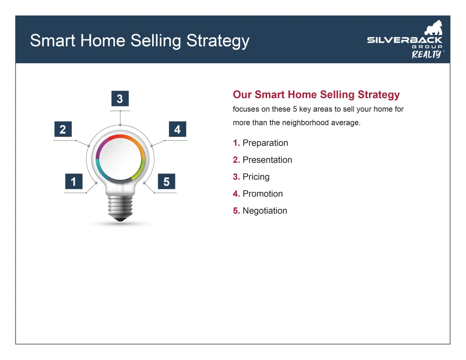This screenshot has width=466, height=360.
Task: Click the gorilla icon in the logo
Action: point(433,28)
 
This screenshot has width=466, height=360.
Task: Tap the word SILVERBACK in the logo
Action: point(405,40)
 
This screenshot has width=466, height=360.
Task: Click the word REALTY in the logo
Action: point(426,54)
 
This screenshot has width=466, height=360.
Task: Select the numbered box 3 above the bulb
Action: point(120,98)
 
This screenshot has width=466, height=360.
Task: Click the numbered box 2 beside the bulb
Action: point(63,129)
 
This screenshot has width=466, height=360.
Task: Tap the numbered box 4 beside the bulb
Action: point(177,129)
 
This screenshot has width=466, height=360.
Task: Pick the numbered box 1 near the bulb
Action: point(74,181)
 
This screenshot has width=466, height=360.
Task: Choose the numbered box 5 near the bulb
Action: point(167,181)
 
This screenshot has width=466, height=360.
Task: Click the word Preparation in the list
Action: point(265,143)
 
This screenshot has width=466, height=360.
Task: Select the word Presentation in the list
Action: point(267,160)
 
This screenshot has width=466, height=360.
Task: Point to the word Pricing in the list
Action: point(256,177)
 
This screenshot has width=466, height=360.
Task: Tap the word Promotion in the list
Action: point(263,194)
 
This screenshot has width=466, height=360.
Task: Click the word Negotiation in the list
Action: point(265,211)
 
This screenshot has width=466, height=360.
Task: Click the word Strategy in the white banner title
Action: point(218,41)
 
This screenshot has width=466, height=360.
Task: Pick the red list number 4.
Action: point(236,194)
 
